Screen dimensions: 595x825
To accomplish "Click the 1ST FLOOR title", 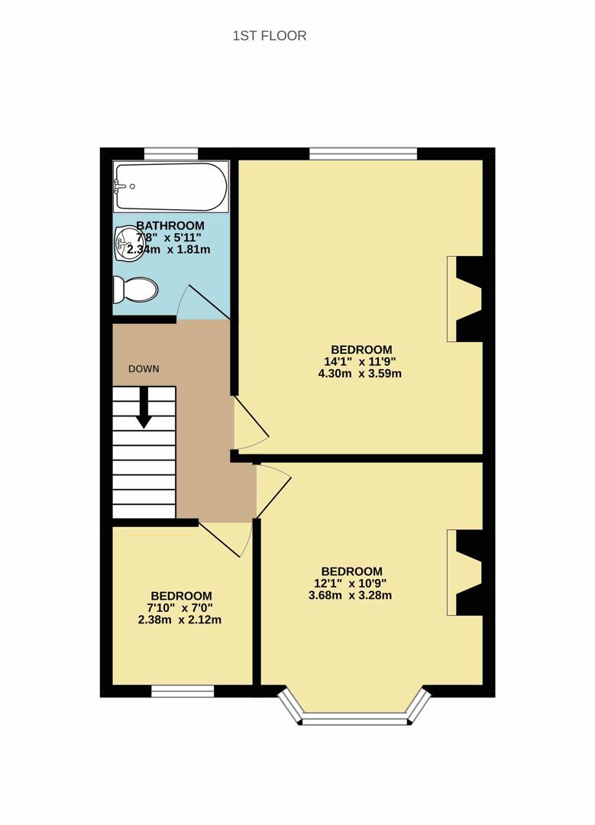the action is (270, 36).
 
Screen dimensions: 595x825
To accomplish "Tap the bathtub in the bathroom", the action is (171, 187).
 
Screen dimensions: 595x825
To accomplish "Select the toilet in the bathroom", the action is (135, 290).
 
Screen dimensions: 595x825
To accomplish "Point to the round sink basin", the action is (126, 243).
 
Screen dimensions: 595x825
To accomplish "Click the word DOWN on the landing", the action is (144, 369).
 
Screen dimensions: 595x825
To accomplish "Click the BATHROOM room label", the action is (170, 226).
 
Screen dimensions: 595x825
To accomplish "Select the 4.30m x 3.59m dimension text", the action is (360, 374).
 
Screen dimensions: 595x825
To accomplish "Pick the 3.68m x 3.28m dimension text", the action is (350, 596).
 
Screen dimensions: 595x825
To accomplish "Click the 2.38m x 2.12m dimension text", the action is (179, 620).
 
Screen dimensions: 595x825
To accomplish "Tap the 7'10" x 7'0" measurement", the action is (179, 608).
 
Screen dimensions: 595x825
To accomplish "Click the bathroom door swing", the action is (203, 303).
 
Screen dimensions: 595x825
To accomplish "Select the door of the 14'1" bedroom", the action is (251, 422).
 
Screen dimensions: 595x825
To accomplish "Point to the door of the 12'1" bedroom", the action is (273, 490).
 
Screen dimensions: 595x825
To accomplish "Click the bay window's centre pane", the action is (354, 718).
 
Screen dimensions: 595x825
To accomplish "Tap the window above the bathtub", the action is (171, 154).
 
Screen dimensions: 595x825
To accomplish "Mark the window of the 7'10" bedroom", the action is (183, 691).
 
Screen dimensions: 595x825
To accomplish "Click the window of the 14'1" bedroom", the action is (363, 154).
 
